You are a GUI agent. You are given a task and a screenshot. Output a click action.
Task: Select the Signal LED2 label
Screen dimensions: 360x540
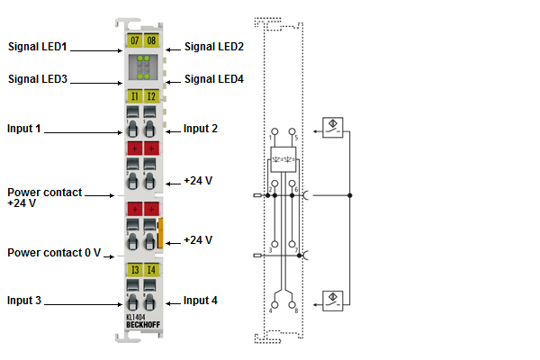coord(213,46)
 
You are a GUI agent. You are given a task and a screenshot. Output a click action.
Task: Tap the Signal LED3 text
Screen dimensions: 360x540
coord(37,78)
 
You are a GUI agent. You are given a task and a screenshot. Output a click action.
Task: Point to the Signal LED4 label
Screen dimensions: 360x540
coord(213,78)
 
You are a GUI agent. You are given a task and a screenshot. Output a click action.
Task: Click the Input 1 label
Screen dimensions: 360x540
coord(24,129)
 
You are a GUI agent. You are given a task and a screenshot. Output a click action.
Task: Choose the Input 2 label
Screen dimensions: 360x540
coord(200,129)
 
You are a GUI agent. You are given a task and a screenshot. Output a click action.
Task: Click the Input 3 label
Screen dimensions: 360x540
coord(24,300)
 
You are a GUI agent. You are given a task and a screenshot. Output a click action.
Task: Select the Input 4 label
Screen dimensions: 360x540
coord(200,300)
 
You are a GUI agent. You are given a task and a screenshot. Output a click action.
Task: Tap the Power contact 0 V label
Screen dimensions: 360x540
coord(53,253)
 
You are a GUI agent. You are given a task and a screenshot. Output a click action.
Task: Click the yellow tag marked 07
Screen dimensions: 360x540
coord(135,40)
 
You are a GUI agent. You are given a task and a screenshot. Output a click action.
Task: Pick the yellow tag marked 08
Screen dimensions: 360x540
coord(150,40)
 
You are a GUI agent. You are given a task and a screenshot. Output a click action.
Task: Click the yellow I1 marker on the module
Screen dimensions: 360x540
coord(135,95)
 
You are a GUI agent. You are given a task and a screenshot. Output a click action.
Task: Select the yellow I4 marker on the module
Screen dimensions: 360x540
coord(150,269)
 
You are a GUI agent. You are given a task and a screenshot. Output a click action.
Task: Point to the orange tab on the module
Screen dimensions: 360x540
coord(161,232)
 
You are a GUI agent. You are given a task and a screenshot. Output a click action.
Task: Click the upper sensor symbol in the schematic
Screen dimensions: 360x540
coord(332,127)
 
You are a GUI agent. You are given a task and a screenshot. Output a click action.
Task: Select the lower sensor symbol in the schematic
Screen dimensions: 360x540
coord(332,300)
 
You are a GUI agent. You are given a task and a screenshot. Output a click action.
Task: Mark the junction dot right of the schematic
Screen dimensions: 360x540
coord(349,194)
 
